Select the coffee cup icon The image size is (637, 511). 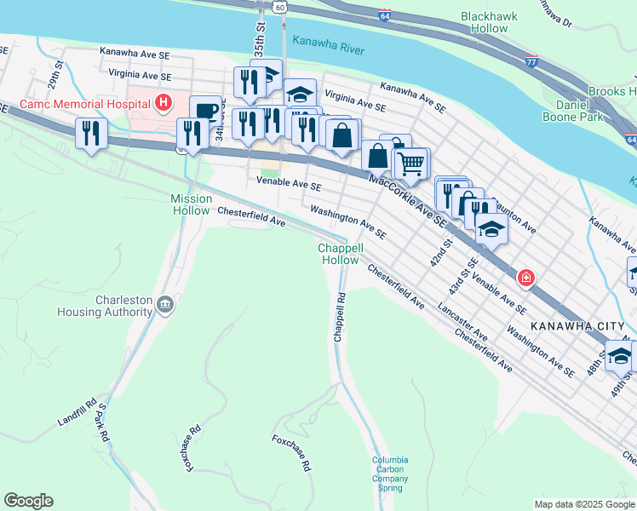pyautogui.click(x=206, y=111)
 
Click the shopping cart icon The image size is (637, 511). pyautogui.click(x=412, y=162)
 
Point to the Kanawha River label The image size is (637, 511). pyautogui.click(x=328, y=45)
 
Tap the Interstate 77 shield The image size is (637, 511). pyautogui.click(x=531, y=60)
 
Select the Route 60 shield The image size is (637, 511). pyautogui.click(x=280, y=7)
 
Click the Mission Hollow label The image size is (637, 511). pyautogui.click(x=191, y=204)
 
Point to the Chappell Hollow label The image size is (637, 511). pyautogui.click(x=340, y=254)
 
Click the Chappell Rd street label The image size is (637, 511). pyautogui.click(x=339, y=318)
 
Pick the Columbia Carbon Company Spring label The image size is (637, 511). pyautogui.click(x=390, y=474)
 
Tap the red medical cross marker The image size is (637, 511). pyautogui.click(x=527, y=277)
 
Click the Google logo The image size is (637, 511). pyautogui.click(x=29, y=500)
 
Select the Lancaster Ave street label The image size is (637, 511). pyautogui.click(x=463, y=319)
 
